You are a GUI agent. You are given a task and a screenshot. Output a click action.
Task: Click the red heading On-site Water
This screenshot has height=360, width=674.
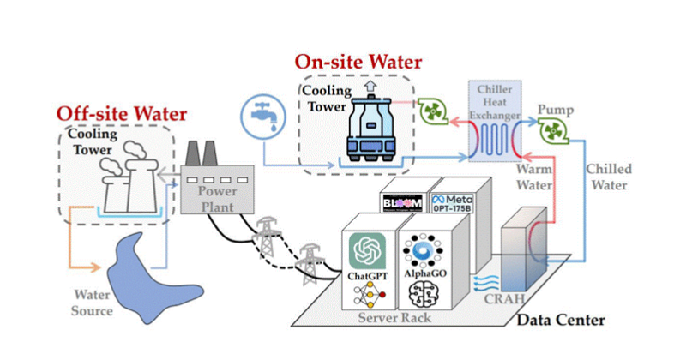358,63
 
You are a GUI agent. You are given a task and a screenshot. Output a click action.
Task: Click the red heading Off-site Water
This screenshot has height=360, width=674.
121,113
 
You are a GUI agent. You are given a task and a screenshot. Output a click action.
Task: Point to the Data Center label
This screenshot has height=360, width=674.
560,321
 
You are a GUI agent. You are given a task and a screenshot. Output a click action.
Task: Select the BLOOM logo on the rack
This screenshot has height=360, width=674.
402,202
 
